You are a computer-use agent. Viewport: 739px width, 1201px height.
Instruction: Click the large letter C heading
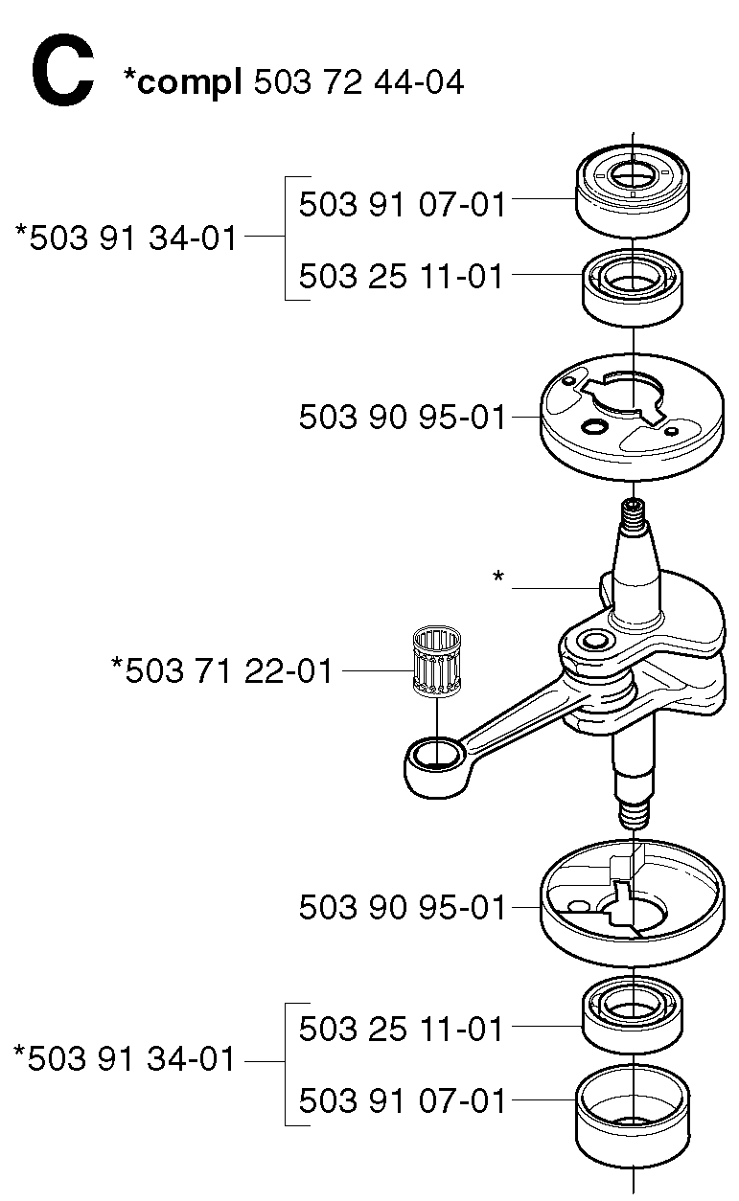tap(63, 70)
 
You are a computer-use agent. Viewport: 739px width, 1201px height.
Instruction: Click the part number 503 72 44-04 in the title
tap(358, 82)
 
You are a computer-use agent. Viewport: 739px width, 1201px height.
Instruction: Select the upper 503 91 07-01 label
tap(402, 204)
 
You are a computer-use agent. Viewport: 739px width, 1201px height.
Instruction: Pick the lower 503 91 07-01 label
tap(402, 1100)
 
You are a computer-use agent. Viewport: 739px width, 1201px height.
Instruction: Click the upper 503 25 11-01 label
tap(401, 276)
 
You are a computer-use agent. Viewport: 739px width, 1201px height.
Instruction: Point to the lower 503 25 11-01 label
tap(401, 1029)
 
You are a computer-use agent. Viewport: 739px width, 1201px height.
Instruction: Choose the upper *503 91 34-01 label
tap(127, 238)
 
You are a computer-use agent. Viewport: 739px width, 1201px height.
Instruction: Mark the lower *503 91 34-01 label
tap(125, 1059)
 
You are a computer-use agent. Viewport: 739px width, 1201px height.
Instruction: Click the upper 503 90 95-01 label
tap(402, 418)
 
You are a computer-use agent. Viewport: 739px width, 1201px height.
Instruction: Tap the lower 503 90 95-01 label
tap(402, 908)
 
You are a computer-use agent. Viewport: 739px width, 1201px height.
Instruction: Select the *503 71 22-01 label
tap(221, 670)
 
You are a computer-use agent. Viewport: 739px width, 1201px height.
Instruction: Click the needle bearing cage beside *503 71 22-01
tap(437, 663)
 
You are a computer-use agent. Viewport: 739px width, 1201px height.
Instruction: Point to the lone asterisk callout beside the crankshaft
tap(498, 578)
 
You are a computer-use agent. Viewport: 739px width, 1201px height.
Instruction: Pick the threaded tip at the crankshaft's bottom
tap(634, 815)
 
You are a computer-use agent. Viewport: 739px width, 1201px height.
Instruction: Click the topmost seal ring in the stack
tap(633, 191)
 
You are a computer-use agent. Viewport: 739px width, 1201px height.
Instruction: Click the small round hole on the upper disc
tap(595, 427)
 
